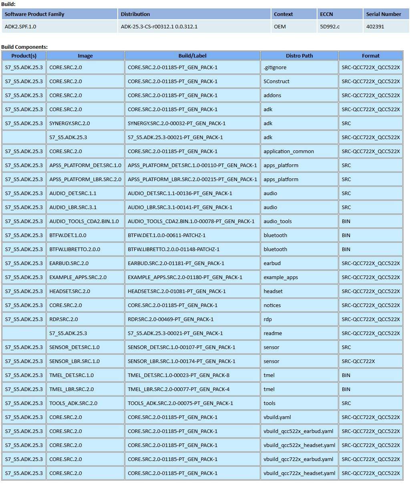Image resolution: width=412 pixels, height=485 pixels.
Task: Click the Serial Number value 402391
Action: pos(375,27)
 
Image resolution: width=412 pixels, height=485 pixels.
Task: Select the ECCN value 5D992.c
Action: pos(330,27)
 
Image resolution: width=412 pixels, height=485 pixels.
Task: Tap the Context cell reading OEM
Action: pos(280,27)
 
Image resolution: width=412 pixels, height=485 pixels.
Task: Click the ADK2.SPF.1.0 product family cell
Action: pos(20,27)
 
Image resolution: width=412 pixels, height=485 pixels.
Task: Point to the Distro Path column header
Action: pos(299,56)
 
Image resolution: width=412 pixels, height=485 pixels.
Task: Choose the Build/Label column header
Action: pos(192,56)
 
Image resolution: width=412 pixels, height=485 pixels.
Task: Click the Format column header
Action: pos(370,56)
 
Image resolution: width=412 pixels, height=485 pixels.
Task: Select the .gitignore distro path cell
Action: pos(275,67)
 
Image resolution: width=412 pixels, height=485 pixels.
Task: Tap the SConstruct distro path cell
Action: pos(276,81)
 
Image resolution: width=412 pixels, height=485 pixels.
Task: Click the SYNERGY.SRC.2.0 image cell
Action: pos(70,123)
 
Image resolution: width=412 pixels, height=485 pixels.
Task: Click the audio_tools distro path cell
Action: pos(277,221)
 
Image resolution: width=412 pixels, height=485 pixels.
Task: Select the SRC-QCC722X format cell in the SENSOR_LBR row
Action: pos(358,361)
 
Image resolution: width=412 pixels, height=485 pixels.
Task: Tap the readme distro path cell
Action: pos(273,333)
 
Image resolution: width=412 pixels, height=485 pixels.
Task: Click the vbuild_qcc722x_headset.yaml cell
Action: pos(299,473)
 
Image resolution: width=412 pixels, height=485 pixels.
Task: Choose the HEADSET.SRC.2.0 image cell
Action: pos(70,291)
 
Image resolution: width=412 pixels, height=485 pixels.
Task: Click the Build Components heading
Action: pos(24,47)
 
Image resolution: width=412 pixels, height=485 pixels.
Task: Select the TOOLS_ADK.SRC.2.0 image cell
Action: pos(73,403)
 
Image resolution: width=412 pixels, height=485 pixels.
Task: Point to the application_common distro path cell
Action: pos(289,151)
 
